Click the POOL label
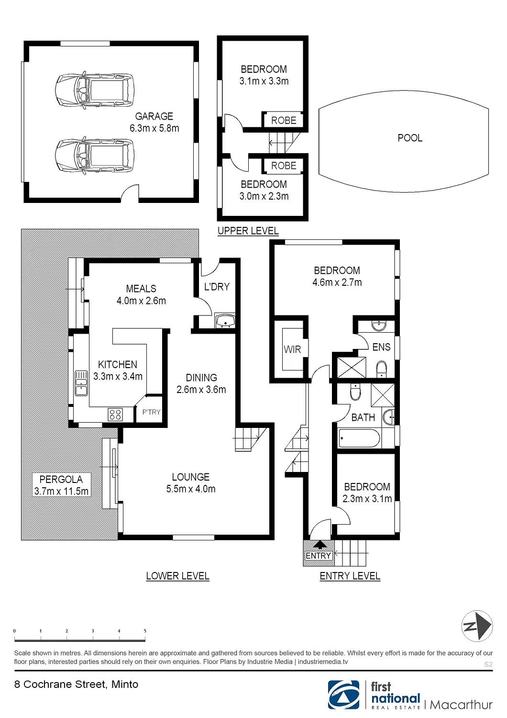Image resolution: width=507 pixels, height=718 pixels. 410,138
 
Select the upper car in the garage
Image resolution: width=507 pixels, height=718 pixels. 94,90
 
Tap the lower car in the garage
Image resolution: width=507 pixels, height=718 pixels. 94,156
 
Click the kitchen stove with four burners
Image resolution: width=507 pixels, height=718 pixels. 115,414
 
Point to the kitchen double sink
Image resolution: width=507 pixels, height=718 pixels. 81,383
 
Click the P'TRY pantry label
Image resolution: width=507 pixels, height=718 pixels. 151,412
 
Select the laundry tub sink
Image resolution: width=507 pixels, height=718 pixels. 224,321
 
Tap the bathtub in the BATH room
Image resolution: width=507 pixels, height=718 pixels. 359,438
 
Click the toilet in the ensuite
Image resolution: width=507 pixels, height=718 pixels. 381,369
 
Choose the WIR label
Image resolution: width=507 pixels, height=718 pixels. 292,349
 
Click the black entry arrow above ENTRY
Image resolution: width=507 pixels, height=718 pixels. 320,545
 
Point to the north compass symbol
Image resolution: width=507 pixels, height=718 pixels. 477,626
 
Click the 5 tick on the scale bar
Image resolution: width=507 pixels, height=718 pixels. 145,631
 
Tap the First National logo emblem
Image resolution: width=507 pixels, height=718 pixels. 343,695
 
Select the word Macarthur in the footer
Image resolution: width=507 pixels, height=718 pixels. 461,705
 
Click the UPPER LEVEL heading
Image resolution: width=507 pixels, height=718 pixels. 248,231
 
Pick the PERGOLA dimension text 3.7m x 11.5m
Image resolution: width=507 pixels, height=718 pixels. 61,491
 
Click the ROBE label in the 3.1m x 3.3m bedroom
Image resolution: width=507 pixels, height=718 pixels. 284,121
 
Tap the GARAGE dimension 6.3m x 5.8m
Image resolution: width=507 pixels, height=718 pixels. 154,128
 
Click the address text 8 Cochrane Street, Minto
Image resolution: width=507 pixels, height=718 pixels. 76,684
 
